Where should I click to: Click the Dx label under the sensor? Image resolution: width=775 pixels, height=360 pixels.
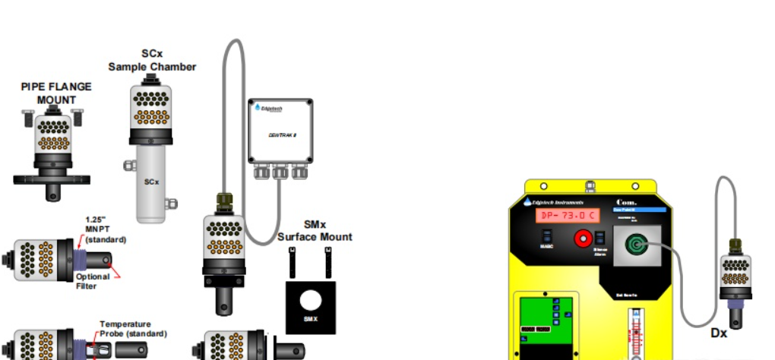pyautogui.click(x=719, y=333)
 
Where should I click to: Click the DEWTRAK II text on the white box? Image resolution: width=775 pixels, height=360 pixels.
pyautogui.click(x=280, y=134)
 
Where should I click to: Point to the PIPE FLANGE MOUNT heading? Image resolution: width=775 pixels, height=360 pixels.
pyautogui.click(x=55, y=93)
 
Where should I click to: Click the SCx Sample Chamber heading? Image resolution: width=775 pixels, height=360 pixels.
pyautogui.click(x=152, y=60)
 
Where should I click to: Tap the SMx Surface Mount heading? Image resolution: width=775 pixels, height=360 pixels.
pyautogui.click(x=315, y=231)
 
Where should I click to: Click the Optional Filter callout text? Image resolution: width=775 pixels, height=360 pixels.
pyautogui.click(x=93, y=280)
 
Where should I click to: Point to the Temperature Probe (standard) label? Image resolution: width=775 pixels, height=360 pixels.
pyautogui.click(x=133, y=328)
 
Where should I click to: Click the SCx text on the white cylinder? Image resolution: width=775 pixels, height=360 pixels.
pyautogui.click(x=151, y=182)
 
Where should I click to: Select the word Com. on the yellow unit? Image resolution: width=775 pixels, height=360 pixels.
pyautogui.click(x=627, y=201)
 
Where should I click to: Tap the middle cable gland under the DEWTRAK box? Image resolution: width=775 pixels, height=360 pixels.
pyautogui.click(x=280, y=172)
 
